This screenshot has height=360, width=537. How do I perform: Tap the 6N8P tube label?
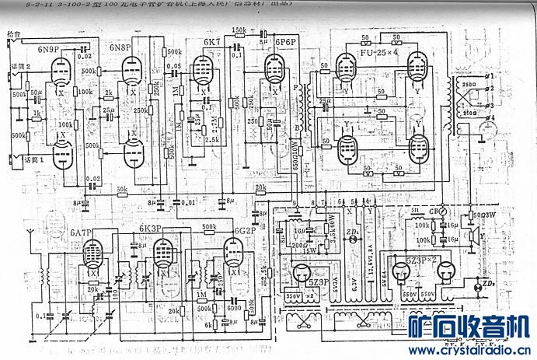[120, 48]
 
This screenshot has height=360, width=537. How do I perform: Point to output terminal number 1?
[491, 76]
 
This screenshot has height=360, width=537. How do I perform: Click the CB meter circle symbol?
[441, 211]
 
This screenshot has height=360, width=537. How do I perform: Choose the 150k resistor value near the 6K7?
[239, 30]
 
